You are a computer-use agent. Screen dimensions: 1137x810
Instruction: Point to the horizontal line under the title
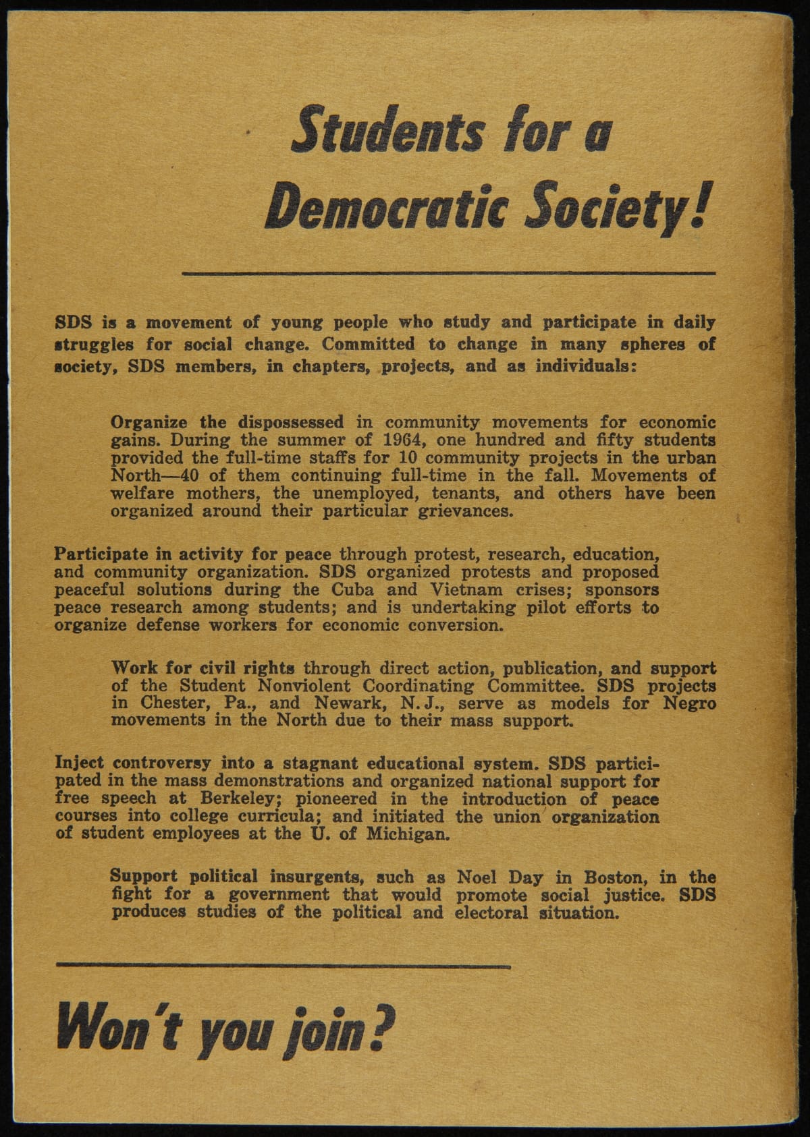click(x=449, y=273)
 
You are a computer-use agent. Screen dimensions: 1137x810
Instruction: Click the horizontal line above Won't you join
click(x=283, y=966)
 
